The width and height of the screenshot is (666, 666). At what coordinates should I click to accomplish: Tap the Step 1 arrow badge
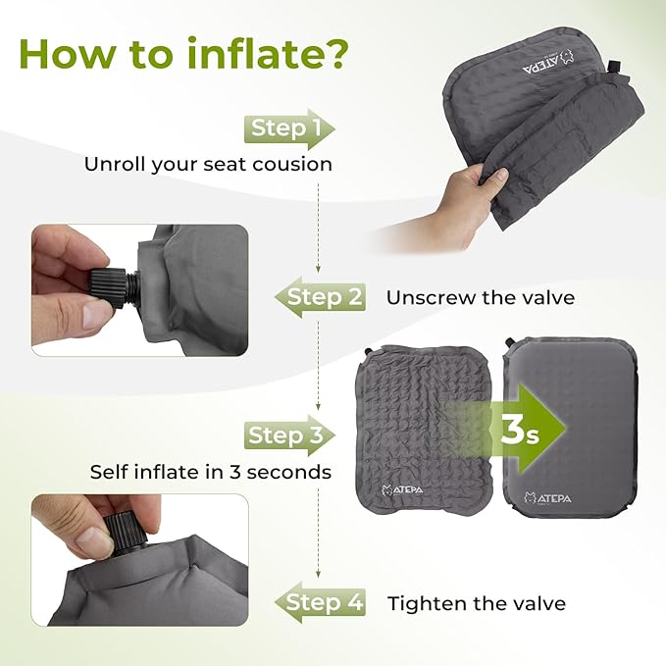(288, 128)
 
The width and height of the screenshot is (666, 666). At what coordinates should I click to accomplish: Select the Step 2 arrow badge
(322, 296)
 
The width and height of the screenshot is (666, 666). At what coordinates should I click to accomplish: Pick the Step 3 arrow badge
(288, 435)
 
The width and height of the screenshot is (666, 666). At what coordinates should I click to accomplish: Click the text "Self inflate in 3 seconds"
(210, 472)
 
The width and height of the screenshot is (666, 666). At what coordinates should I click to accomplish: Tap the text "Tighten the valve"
(477, 603)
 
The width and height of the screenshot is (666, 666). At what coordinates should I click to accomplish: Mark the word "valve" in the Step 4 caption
(536, 603)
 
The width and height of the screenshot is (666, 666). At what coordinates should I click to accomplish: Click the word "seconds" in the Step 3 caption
(287, 472)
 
